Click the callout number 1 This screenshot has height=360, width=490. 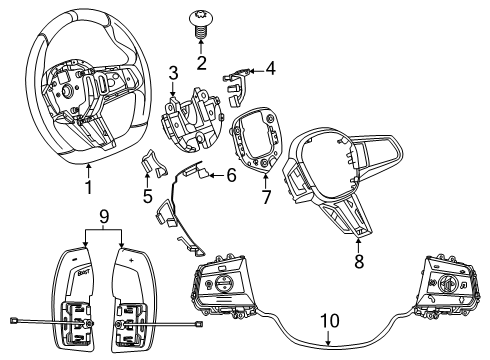(89, 187)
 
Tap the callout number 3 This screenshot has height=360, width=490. (173, 72)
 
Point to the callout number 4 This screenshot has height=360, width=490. (268, 69)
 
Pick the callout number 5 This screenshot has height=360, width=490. (148, 196)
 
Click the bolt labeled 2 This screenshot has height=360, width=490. (201, 22)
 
